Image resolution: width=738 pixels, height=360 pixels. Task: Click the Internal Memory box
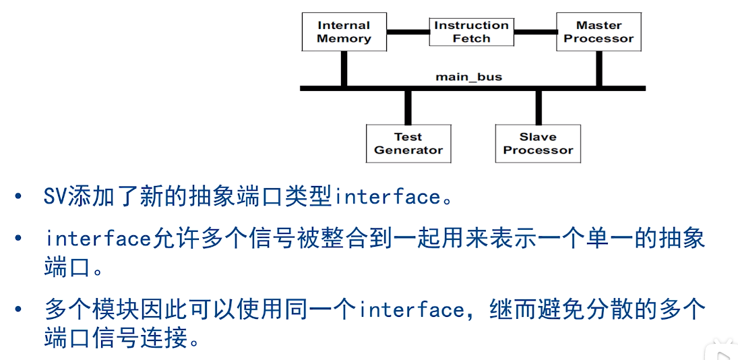click(x=344, y=32)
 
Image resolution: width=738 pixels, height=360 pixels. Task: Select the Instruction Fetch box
click(x=471, y=32)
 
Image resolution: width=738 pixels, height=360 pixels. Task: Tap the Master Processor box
click(x=598, y=32)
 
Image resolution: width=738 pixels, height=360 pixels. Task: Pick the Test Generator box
click(x=408, y=144)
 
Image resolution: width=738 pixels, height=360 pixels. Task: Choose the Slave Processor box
click(x=538, y=144)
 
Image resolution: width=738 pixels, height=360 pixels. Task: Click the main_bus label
click(x=469, y=76)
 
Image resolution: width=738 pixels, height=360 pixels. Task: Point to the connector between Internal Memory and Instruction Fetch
click(x=408, y=32)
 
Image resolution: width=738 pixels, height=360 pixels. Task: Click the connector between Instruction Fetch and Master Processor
click(x=535, y=32)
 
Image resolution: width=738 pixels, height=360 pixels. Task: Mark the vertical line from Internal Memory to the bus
click(x=344, y=69)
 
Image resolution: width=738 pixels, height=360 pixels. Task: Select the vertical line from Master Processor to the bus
click(x=599, y=69)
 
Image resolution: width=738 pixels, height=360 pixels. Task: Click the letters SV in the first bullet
click(x=55, y=197)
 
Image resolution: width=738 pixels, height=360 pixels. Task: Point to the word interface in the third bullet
click(x=412, y=310)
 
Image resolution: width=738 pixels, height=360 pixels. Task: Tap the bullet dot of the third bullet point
click(x=18, y=309)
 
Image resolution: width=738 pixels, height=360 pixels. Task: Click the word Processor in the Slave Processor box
click(x=538, y=150)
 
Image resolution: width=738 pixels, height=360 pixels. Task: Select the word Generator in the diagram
click(x=408, y=150)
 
